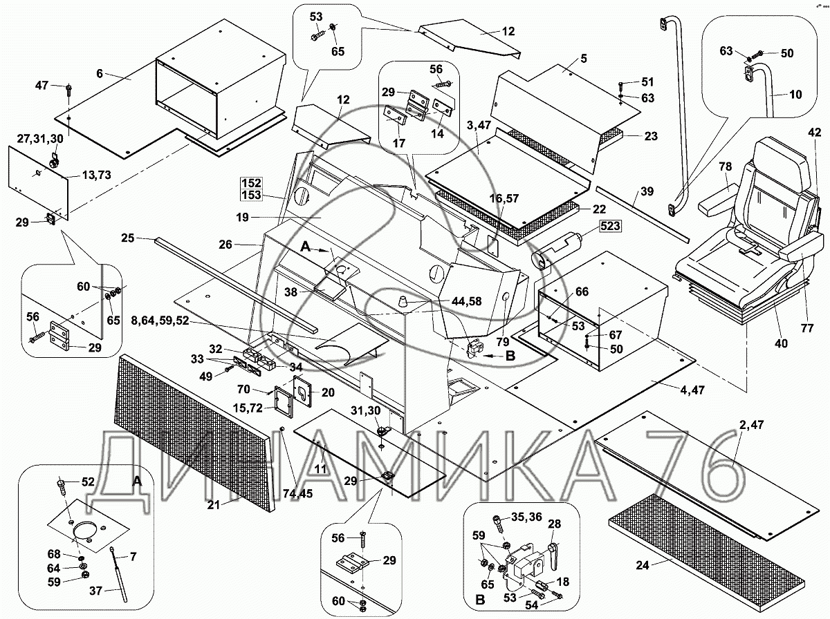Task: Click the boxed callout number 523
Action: point(611,226)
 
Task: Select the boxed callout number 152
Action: point(250,183)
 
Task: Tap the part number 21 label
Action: point(214,505)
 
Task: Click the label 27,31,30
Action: point(40,138)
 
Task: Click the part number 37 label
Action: point(97,590)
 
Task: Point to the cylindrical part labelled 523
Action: point(557,251)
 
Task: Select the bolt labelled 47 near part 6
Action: point(68,90)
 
